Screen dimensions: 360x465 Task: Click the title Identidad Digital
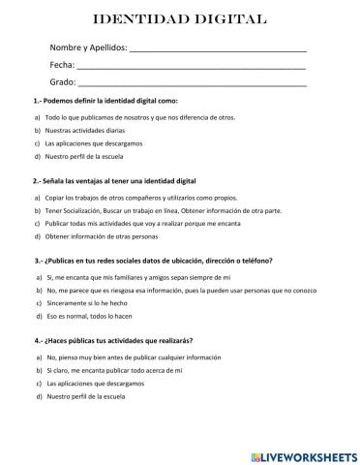tap(180, 19)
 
